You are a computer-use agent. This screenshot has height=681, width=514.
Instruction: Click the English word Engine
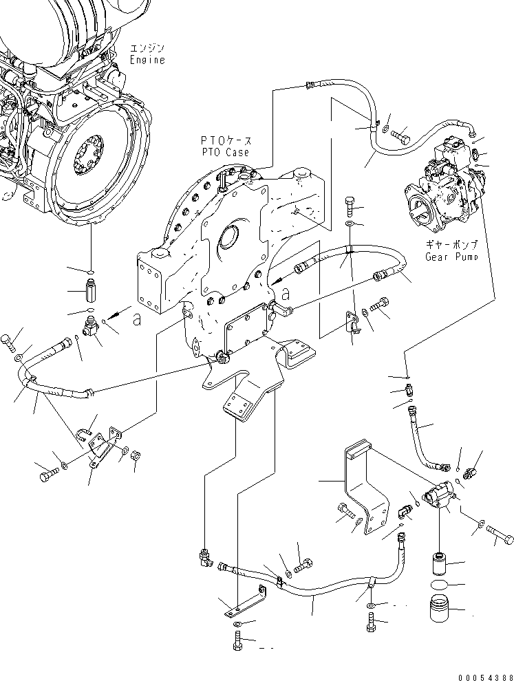click(147, 60)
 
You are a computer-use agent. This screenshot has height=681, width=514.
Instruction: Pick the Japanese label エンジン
click(146, 48)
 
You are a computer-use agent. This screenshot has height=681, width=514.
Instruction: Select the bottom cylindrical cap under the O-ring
click(439, 609)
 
